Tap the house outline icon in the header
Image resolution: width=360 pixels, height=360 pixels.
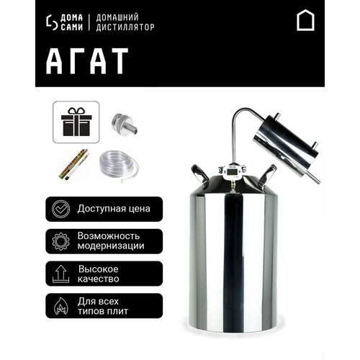[305, 22]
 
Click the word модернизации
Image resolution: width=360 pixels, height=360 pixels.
[113, 246]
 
